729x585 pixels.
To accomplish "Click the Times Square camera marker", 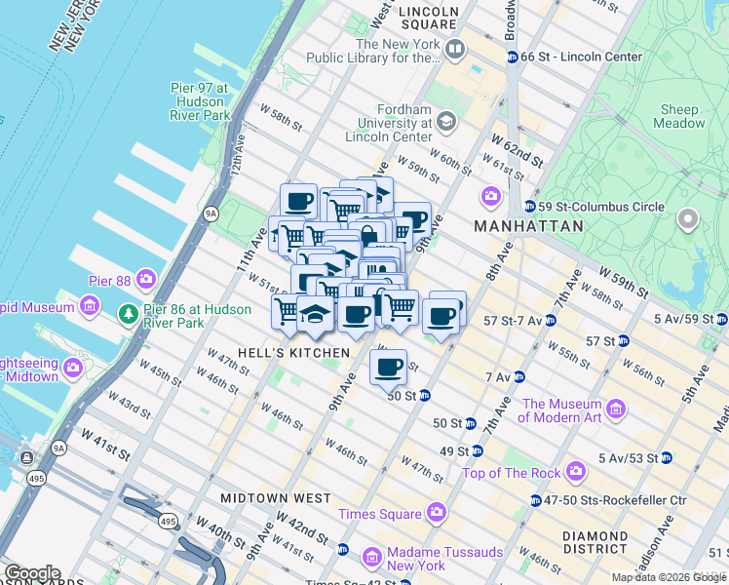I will [436, 513].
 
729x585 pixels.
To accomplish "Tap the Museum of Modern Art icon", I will [616, 407].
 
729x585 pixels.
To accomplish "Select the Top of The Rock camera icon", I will [576, 472].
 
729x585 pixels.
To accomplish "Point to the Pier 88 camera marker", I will [146, 280].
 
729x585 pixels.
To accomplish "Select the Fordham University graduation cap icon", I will [446, 122].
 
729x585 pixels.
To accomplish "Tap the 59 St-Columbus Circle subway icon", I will [529, 207].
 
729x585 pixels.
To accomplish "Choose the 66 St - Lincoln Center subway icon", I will [512, 57].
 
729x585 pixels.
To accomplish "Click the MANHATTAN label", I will [528, 226].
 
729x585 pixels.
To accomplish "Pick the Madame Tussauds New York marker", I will [371, 558].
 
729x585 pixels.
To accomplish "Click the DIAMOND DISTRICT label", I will [595, 543].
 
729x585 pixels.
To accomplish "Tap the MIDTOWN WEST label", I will [276, 497].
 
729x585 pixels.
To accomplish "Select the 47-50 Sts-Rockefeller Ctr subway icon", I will [536, 500].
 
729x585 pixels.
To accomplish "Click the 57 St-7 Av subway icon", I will [551, 320].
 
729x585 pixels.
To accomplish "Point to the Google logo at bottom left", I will [31, 573].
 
